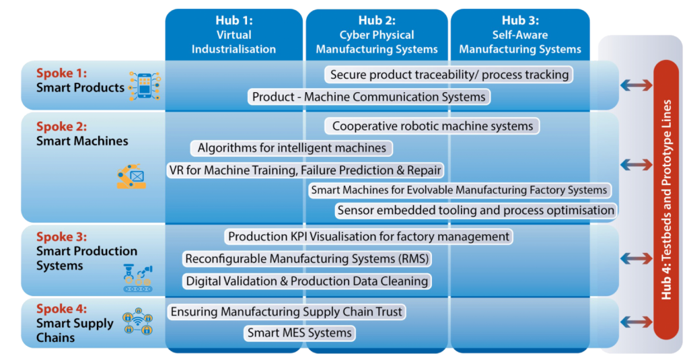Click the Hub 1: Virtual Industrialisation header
pos(233,35)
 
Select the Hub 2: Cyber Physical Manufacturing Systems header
pos(377,35)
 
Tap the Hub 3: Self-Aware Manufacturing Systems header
pos(520,35)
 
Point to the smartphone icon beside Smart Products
pos(145,85)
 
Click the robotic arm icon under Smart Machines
pos(131,176)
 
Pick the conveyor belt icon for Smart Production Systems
pos(138,278)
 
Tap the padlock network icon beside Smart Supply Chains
pos(137,322)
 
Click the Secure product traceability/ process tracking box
pos(449,75)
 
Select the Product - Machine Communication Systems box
pos(369,97)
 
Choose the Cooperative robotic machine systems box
pos(433,126)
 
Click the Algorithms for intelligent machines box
pos(291,148)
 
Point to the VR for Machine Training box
pos(305,170)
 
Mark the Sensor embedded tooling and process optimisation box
pos(476,211)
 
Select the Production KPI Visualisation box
pos(368,236)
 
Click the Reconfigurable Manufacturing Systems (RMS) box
pos(307,258)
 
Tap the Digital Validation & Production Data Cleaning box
pos(307,281)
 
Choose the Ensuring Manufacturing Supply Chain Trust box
pos(286,312)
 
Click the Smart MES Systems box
pos(299,332)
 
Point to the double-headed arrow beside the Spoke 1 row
pos(637,85)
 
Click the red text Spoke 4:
pos(61,309)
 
